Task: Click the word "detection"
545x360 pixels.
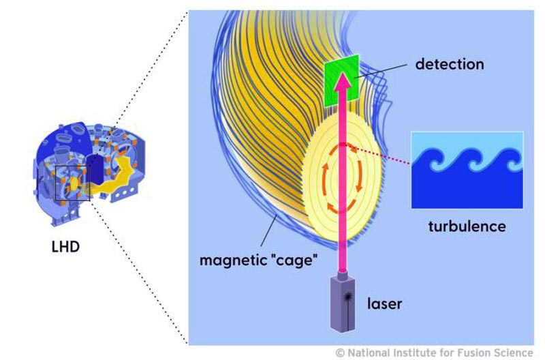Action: click(x=450, y=64)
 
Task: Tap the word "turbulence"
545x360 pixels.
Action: click(x=467, y=226)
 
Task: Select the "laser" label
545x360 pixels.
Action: click(x=384, y=303)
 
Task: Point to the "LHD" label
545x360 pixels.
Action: click(x=65, y=247)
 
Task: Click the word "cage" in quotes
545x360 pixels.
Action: click(x=294, y=260)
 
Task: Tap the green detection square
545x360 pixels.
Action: click(x=341, y=80)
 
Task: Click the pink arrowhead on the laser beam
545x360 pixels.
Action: click(x=343, y=80)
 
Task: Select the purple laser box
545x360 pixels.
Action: click(x=343, y=303)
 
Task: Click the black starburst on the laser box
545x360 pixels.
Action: click(x=348, y=297)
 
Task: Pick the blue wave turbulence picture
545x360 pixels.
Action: click(x=467, y=170)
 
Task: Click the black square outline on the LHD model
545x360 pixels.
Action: click(x=73, y=183)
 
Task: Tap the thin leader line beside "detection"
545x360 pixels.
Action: click(x=380, y=71)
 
